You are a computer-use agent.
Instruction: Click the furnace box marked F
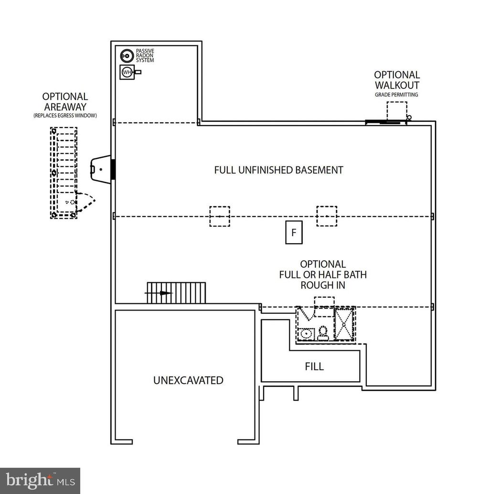(294, 233)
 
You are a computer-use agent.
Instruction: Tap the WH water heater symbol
(127, 73)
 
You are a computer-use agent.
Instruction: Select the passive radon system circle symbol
(126, 55)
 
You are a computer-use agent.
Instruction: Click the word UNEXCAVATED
(188, 380)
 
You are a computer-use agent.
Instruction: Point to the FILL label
(314, 366)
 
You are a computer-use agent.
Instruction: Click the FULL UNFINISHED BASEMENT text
(278, 170)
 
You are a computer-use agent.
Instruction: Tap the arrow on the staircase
(165, 293)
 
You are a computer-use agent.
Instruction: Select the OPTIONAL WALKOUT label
(397, 80)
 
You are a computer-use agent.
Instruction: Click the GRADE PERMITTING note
(396, 95)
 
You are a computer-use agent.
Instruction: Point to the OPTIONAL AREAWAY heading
(65, 102)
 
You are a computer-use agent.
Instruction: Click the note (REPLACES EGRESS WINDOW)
(65, 116)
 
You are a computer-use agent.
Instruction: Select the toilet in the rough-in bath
(323, 332)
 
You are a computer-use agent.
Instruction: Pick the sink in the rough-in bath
(306, 333)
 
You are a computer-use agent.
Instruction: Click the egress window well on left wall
(101, 168)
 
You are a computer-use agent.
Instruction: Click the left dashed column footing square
(220, 216)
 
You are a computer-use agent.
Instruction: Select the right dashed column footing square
(327, 216)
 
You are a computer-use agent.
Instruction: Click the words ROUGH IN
(323, 285)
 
